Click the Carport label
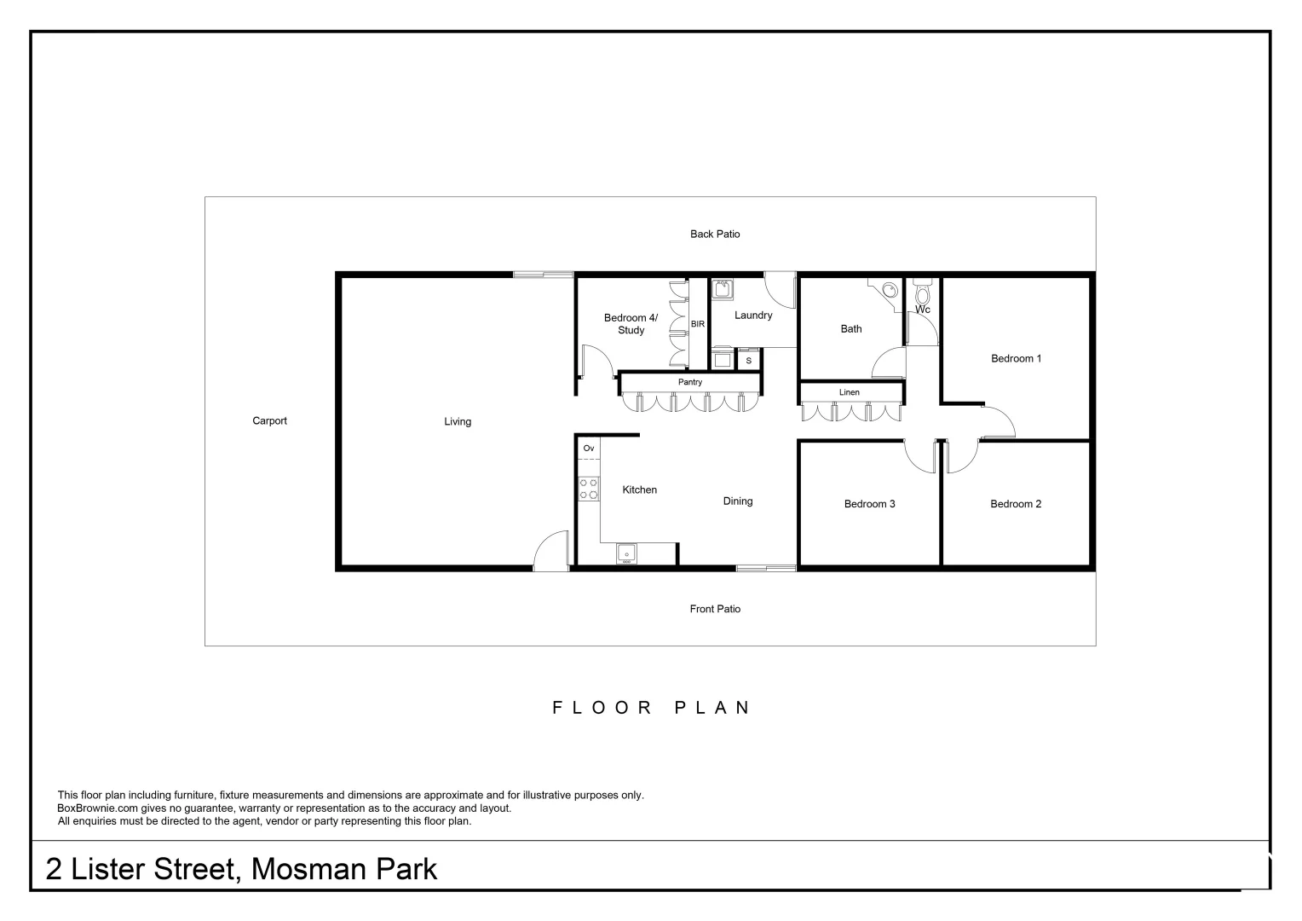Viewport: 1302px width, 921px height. (x=269, y=420)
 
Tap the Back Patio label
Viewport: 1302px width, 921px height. (x=715, y=234)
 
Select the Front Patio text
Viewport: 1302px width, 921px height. (x=715, y=609)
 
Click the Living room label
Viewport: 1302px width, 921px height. (x=458, y=422)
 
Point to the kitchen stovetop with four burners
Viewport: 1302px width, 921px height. (x=588, y=488)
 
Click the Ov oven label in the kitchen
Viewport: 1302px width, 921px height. (x=589, y=448)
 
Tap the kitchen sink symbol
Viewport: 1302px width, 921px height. (x=626, y=553)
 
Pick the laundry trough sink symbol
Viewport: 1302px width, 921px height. (x=723, y=288)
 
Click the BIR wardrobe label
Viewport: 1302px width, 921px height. (x=698, y=324)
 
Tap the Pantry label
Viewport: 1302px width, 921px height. (x=690, y=382)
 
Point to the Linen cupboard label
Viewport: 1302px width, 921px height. (x=850, y=392)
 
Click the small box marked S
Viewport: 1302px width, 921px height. (x=749, y=360)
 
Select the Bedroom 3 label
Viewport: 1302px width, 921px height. (x=869, y=504)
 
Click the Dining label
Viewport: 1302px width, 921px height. (x=738, y=501)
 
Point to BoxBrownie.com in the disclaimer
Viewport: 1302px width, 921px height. (x=98, y=808)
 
